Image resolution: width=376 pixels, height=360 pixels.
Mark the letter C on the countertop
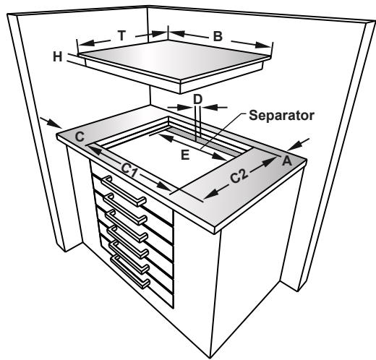(x=80, y=135)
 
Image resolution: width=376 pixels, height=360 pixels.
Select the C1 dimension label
(x=130, y=171)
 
